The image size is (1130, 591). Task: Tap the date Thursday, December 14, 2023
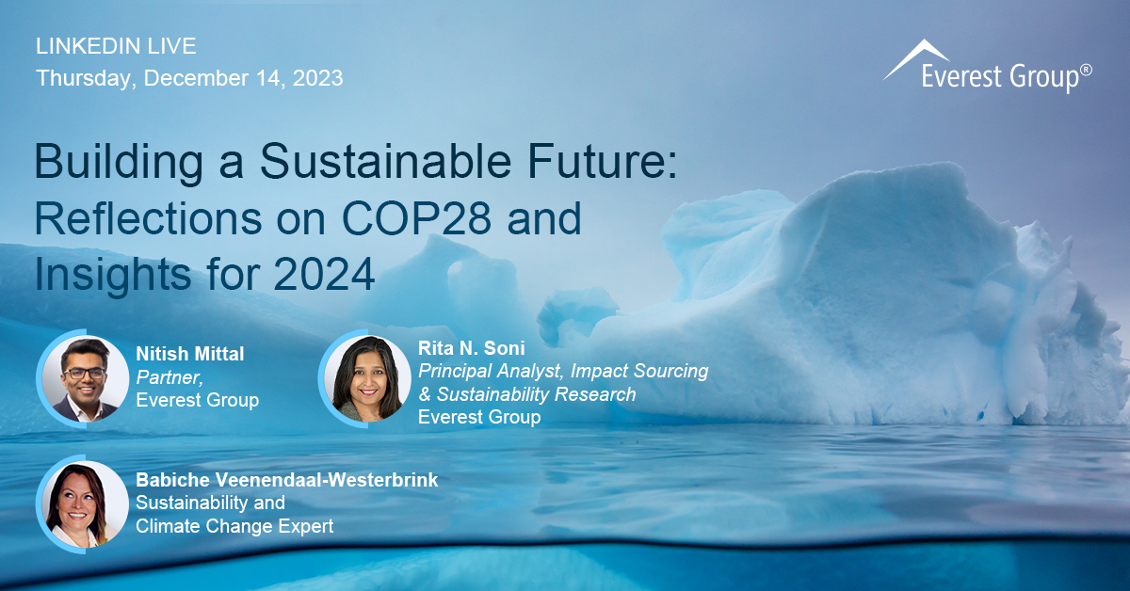(x=189, y=78)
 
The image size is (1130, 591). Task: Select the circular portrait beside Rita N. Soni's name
(x=366, y=377)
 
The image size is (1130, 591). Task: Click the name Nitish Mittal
(x=190, y=354)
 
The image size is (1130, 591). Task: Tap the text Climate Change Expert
(x=234, y=526)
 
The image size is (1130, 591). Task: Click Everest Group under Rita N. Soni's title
(x=479, y=417)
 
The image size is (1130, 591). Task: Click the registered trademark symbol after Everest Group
(x=1086, y=70)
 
